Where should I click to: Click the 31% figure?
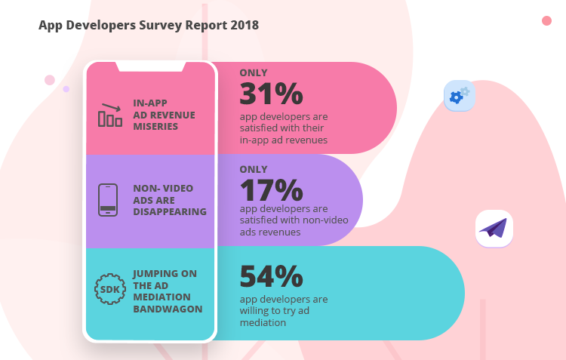(271, 94)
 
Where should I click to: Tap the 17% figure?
(271, 189)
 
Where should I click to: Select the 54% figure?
(272, 277)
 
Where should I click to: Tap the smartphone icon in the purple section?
(108, 201)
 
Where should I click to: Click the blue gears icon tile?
(459, 95)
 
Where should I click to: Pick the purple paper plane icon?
(494, 228)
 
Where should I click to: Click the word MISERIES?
(155, 126)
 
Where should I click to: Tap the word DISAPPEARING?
(170, 212)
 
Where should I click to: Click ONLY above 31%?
(254, 73)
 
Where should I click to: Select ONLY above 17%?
(254, 169)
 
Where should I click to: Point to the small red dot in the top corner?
(546, 20)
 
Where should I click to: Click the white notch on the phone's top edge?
(151, 66)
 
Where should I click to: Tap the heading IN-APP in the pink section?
(150, 103)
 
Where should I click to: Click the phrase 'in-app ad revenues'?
(284, 140)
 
